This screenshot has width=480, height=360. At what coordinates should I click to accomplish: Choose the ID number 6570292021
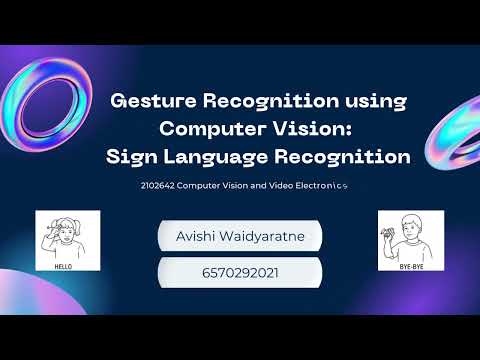point(240,271)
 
